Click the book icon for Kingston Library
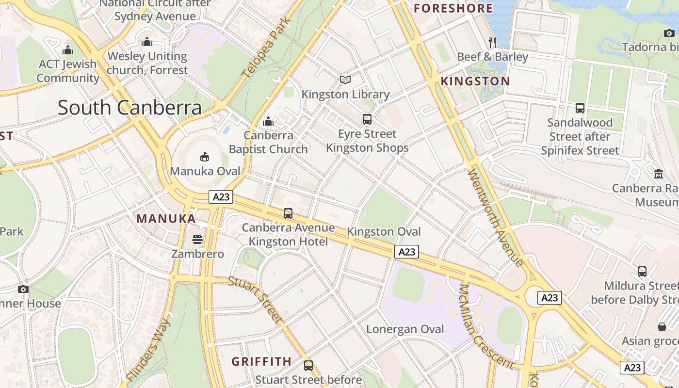pyautogui.click(x=345, y=80)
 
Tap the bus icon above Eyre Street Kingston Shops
pyautogui.click(x=367, y=119)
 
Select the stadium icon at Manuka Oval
pyautogui.click(x=205, y=157)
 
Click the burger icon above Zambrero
pyautogui.click(x=197, y=239)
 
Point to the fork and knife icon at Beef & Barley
pyautogui.click(x=492, y=42)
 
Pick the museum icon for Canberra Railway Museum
pyautogui.click(x=659, y=173)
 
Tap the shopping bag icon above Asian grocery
pyautogui.click(x=662, y=326)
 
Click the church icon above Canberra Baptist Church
pyautogui.click(x=268, y=121)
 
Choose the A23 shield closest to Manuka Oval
pyautogui.click(x=221, y=197)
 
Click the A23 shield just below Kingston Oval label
pyautogui.click(x=406, y=252)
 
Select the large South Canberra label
pyautogui.click(x=129, y=108)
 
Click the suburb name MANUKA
pyautogui.click(x=166, y=219)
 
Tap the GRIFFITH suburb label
pyautogui.click(x=261, y=362)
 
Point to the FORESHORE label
pyautogui.click(x=453, y=8)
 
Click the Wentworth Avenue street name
pyautogui.click(x=496, y=217)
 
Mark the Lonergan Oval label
pyautogui.click(x=405, y=329)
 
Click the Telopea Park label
pyautogui.click(x=266, y=48)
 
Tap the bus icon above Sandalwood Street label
pyautogui.click(x=580, y=108)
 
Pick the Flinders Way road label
pyautogui.click(x=148, y=350)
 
